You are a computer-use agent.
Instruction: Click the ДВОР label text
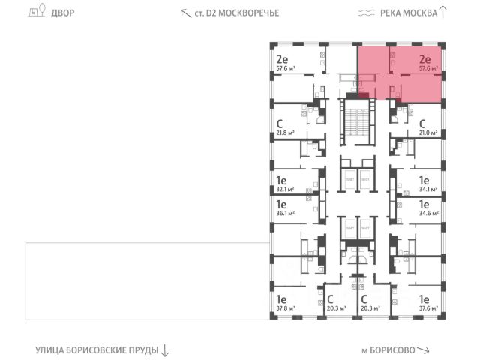pos(63,13)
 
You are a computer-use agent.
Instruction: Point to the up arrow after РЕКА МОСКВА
pos(443,11)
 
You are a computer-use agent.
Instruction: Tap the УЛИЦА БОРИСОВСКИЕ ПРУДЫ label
pos(97,349)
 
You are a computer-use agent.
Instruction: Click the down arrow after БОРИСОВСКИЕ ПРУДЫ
pos(165,350)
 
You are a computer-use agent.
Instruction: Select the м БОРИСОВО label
pos(387,349)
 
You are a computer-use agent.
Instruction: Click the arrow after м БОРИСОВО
pos(424,349)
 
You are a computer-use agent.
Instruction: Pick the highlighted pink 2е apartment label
pos(424,58)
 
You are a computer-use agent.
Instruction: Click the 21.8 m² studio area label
pos(285,134)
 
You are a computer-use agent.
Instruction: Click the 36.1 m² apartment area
pos(285,213)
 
